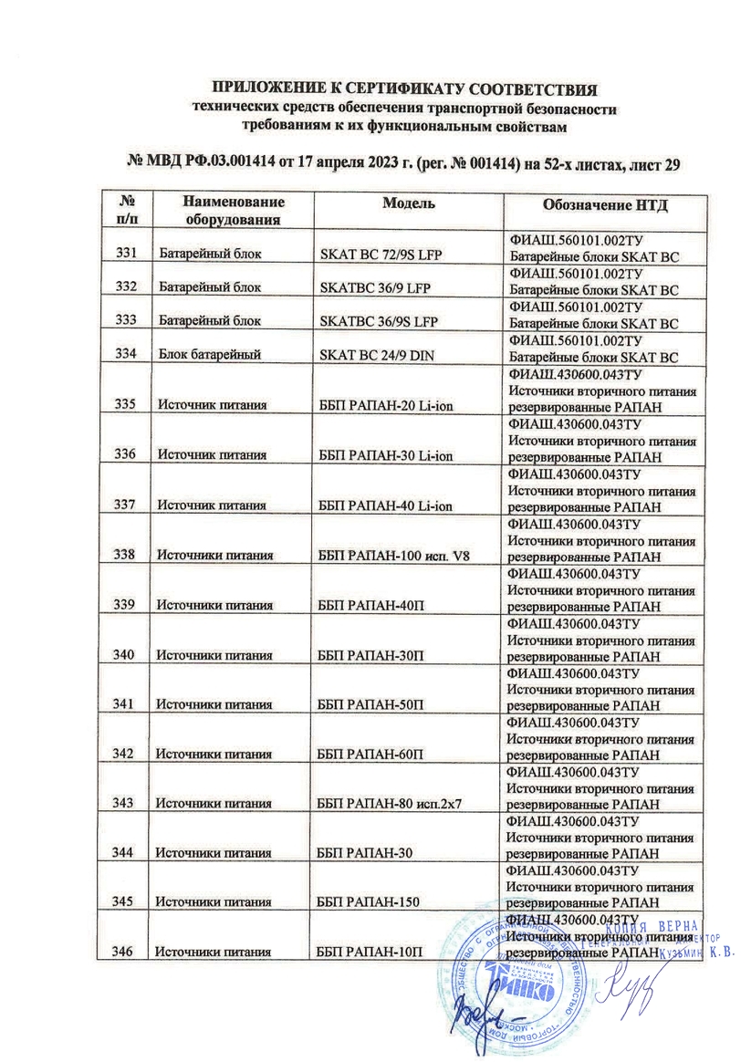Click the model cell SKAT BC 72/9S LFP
click(x=381, y=255)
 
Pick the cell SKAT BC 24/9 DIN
click(x=376, y=356)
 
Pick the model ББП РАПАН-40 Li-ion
click(x=385, y=504)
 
